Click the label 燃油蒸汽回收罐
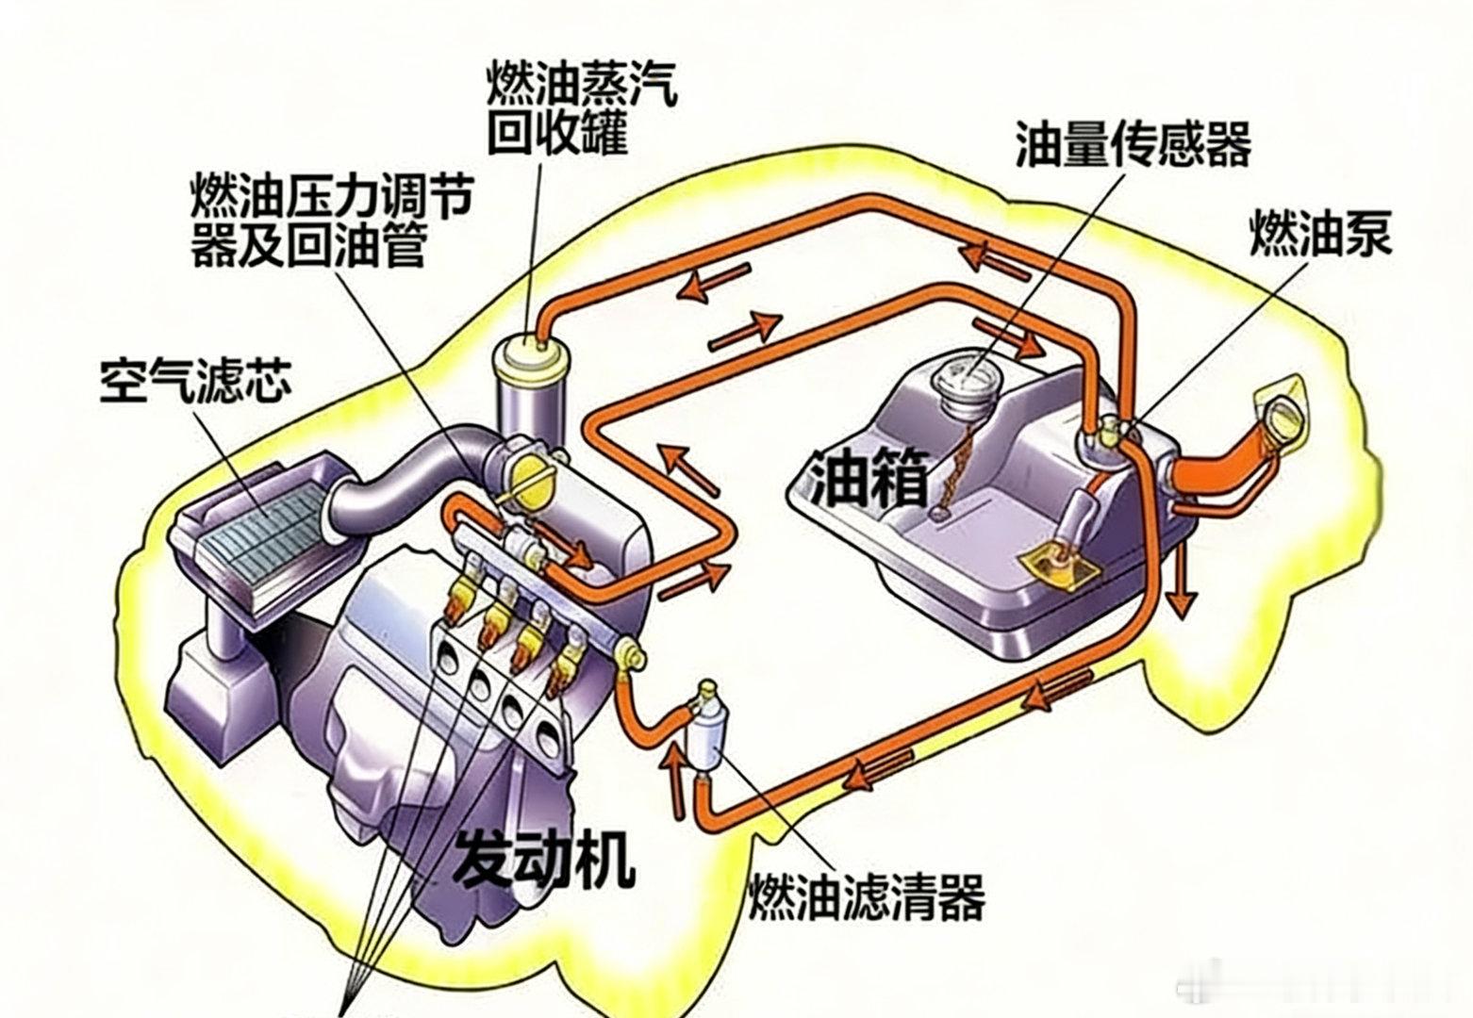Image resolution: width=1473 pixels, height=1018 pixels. click(581, 110)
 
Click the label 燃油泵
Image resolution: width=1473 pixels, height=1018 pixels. click(1320, 232)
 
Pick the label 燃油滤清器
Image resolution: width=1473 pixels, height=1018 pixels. click(867, 895)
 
